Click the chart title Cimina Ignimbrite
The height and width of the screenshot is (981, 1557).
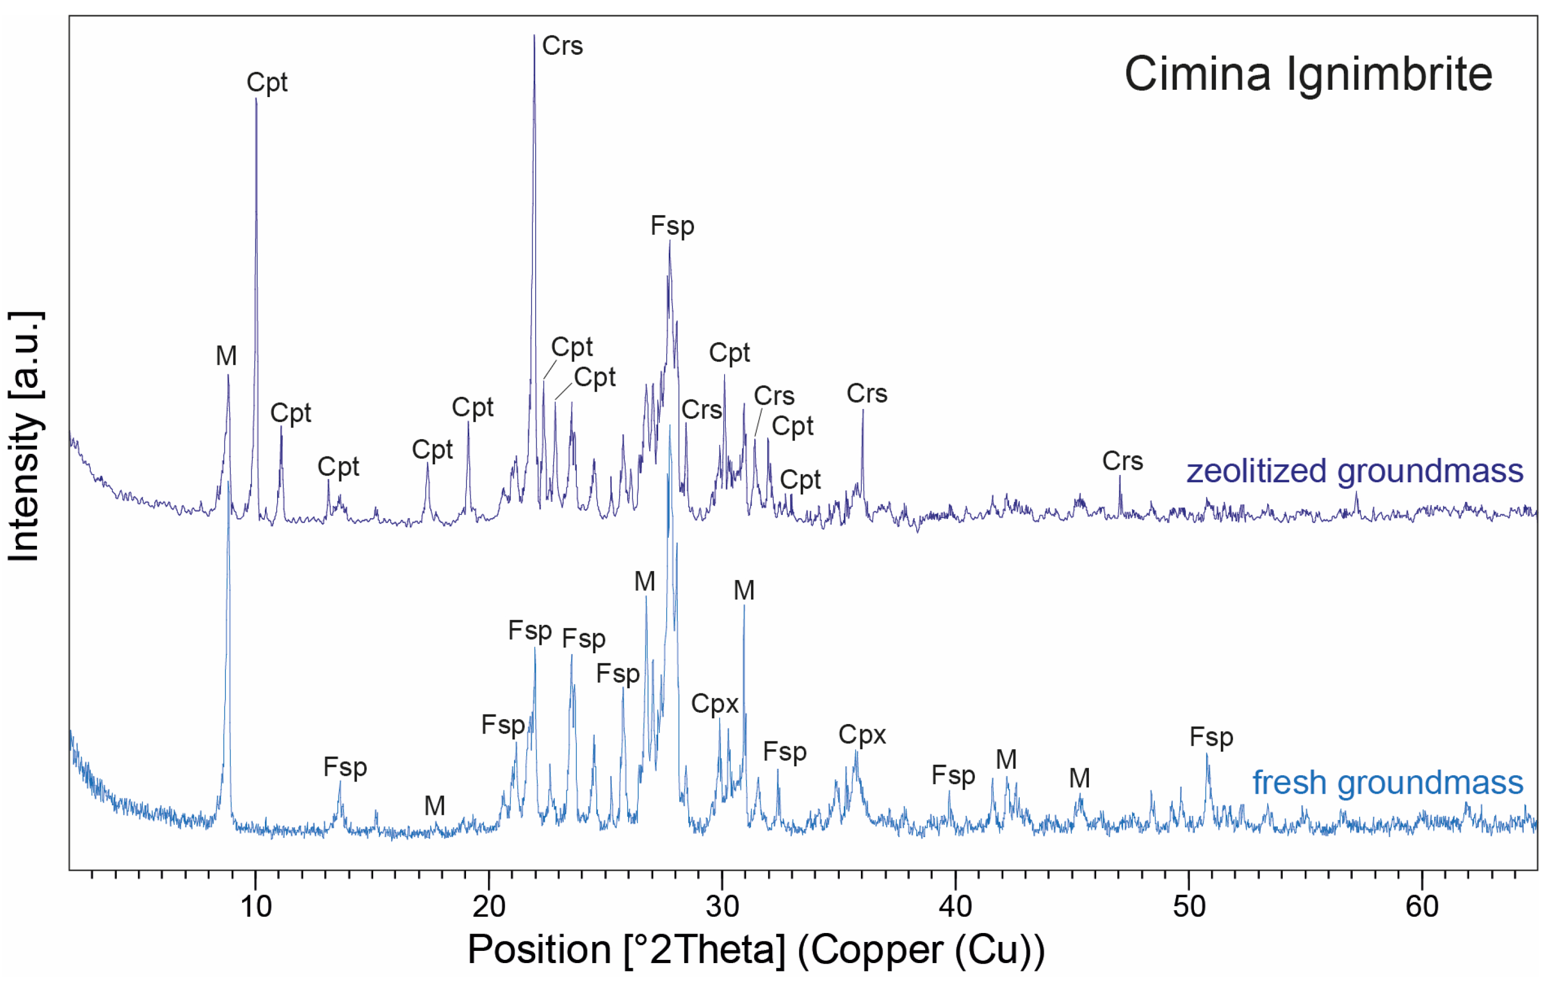[1307, 74]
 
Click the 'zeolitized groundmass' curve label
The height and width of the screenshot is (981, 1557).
[1355, 471]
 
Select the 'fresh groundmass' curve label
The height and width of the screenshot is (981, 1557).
[1388, 783]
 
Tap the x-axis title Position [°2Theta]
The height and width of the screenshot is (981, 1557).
[755, 949]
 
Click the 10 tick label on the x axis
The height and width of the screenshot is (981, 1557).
[255, 907]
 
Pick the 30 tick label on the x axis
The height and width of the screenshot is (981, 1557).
[722, 907]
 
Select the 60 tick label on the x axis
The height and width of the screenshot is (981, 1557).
[1422, 907]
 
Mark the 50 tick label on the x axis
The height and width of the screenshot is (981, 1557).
[1189, 907]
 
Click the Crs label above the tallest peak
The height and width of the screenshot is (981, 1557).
[562, 46]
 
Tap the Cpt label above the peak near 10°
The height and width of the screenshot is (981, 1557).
[267, 83]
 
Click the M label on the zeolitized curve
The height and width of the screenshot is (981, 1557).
[226, 356]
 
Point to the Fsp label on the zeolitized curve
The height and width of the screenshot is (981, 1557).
[672, 226]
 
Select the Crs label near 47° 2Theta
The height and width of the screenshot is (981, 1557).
[1123, 461]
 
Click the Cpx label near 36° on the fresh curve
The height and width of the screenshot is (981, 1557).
[862, 735]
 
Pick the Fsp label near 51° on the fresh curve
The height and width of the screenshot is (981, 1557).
[1211, 737]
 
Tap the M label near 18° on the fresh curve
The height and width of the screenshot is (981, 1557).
[434, 806]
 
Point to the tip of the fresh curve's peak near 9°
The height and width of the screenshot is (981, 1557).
[228, 482]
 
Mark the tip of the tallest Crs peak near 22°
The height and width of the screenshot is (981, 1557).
[534, 35]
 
